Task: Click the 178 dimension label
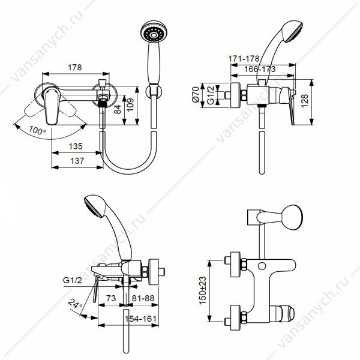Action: (75, 67)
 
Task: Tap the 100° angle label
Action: (37, 130)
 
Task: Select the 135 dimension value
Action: (76, 146)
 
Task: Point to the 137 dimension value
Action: (77, 161)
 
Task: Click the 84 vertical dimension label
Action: (118, 109)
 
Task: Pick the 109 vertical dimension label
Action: (130, 104)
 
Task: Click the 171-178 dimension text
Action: (244, 59)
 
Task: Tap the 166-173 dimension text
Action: (260, 69)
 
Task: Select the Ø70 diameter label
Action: (196, 94)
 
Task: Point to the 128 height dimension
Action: (305, 101)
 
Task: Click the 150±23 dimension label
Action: (203, 290)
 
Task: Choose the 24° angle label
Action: (75, 304)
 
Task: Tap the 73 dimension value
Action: (111, 298)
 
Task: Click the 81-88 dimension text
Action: (143, 298)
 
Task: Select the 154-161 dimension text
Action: (140, 319)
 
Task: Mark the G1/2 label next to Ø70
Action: (211, 95)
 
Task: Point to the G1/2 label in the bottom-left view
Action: (73, 280)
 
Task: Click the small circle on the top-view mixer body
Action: (262, 266)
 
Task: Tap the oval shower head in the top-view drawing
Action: (293, 217)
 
